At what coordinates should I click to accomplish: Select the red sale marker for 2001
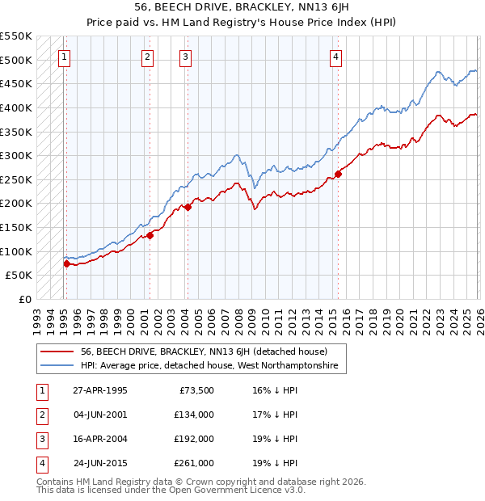(150, 235)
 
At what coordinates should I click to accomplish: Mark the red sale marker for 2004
(188, 208)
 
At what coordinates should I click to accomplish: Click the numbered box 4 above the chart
(335, 57)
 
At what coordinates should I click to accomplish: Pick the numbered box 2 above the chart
(147, 57)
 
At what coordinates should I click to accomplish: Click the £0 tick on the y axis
(24, 299)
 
